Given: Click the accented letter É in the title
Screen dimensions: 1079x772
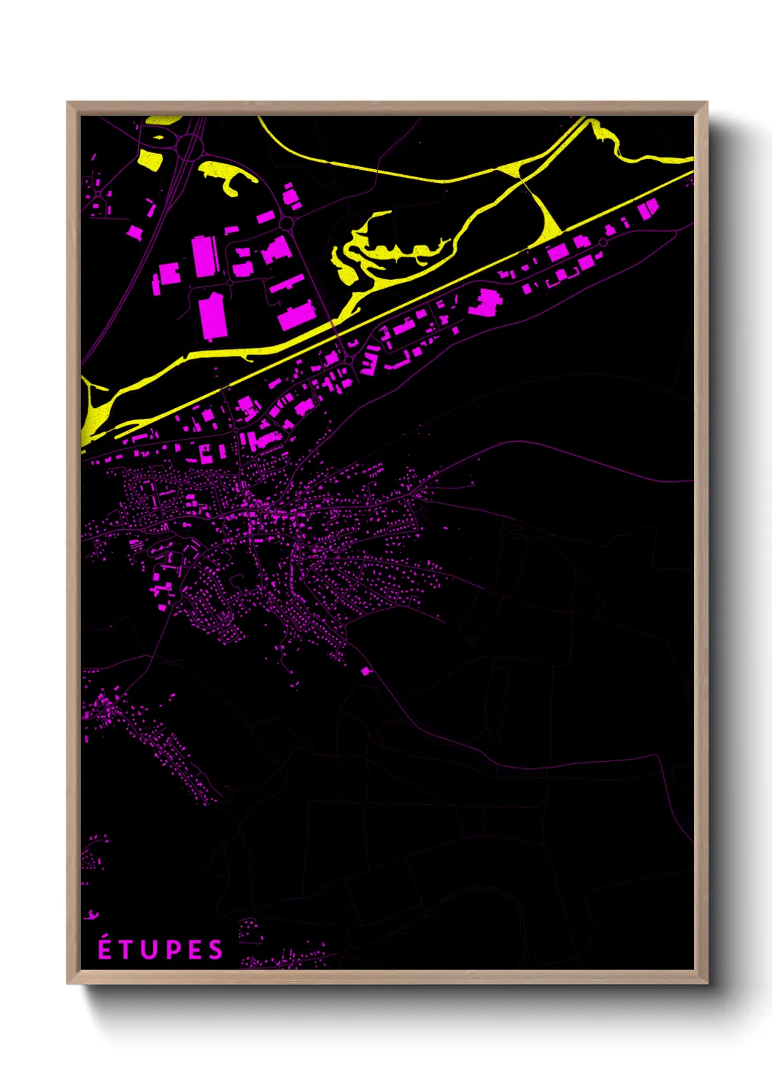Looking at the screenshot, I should click(x=105, y=948).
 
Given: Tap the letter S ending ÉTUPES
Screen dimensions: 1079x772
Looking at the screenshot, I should click(x=215, y=950).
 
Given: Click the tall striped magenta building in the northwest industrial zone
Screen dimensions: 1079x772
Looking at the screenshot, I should click(x=206, y=256).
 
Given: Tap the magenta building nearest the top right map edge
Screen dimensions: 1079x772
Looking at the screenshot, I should click(x=647, y=209).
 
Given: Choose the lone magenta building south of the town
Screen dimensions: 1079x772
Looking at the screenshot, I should click(x=366, y=671).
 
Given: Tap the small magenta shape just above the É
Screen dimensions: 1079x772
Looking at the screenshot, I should click(x=92, y=915).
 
